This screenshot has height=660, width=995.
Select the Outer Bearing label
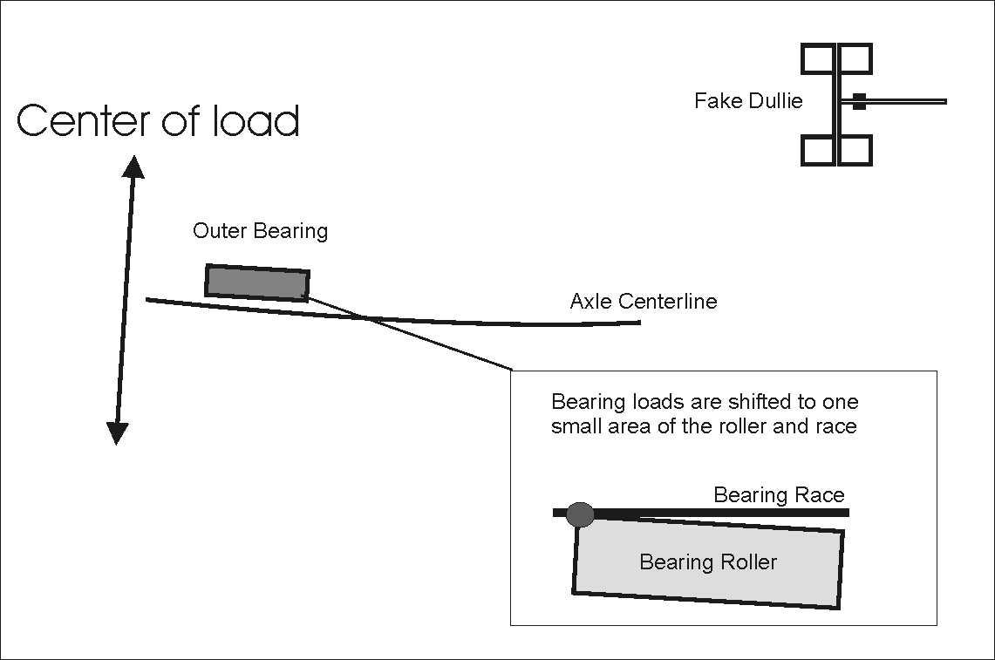[x=260, y=231]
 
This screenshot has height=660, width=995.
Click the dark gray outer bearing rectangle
[x=257, y=282]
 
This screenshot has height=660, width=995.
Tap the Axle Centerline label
[x=643, y=302]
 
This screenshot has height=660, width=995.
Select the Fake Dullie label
[x=747, y=101]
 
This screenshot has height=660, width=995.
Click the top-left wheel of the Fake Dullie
[x=818, y=59]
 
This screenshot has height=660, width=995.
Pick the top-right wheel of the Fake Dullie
[x=855, y=59]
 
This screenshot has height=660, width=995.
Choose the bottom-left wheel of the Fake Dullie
[x=818, y=150]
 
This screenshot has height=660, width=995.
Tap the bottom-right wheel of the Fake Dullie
[x=855, y=150]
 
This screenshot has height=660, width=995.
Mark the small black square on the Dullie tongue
[x=859, y=101]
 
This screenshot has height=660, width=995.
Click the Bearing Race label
[x=779, y=495]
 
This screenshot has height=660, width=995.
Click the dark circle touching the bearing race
[x=580, y=514]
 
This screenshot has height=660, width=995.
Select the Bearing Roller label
[x=707, y=562]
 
